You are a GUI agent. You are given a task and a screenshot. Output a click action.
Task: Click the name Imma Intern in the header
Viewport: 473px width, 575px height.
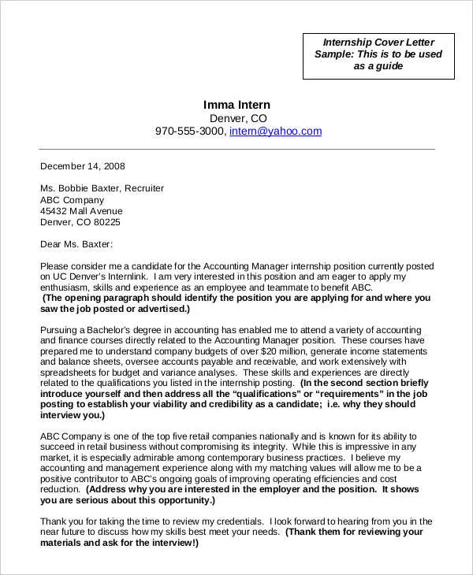coord(236,104)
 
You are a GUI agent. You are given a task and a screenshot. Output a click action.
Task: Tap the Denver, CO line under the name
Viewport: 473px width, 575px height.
coord(237,117)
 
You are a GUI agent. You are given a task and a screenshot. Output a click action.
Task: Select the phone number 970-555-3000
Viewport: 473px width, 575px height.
coord(190,132)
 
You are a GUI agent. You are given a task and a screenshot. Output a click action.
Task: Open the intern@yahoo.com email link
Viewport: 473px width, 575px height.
coord(275,132)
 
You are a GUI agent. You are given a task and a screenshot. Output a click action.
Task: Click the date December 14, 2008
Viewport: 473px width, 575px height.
coord(82,166)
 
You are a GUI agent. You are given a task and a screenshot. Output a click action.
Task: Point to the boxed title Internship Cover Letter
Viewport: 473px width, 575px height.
coord(379,42)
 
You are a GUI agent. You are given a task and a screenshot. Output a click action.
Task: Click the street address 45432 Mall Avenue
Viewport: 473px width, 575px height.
coord(81,211)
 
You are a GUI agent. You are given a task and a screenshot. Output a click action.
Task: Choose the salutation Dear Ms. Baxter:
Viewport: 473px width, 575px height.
coord(76,244)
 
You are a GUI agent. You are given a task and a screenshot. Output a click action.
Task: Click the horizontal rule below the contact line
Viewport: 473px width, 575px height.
coord(236,149)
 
